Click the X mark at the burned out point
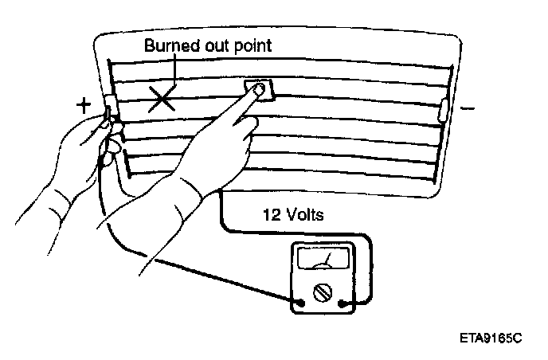pos(162,98)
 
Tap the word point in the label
pos(253,45)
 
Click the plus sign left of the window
pos(83,104)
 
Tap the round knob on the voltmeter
pos(324,292)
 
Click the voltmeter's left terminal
pos(302,302)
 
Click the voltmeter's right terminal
pos(343,302)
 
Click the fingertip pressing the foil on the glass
pos(258,89)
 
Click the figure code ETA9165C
pos(490,338)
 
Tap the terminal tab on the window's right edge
pos(443,108)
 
